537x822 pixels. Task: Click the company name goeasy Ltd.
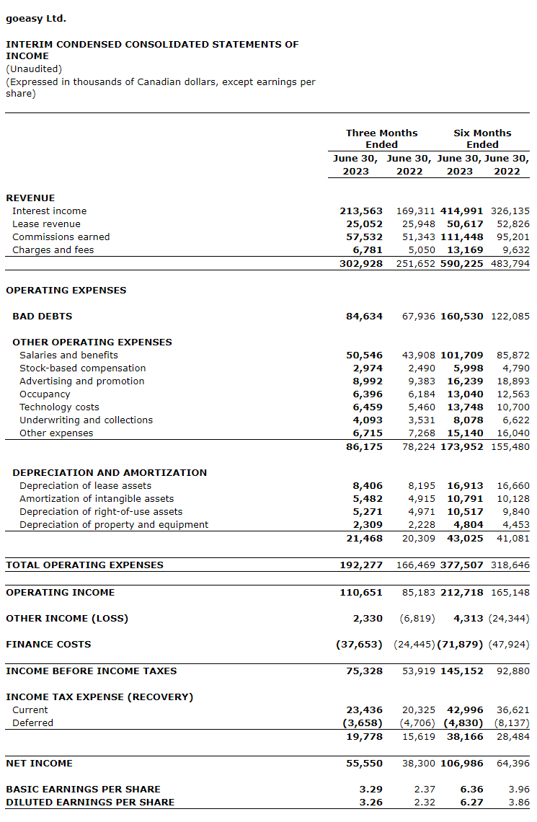point(36,19)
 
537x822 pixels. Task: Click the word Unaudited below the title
point(34,69)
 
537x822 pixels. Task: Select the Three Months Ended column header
point(381,138)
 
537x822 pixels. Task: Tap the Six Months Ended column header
point(482,138)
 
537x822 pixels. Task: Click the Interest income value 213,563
point(361,211)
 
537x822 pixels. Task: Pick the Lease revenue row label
point(46,224)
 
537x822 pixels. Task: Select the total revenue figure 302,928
point(361,264)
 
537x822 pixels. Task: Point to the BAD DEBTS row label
point(42,317)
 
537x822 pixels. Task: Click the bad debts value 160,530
point(462,317)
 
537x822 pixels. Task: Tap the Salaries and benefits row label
point(68,355)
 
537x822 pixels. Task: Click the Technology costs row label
point(59,407)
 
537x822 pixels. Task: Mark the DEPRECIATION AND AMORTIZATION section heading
point(110,473)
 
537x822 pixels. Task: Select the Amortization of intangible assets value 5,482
point(368,499)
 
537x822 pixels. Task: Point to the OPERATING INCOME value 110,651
point(361,593)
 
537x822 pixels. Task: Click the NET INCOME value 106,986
point(462,764)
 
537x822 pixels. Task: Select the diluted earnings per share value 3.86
point(518,803)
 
